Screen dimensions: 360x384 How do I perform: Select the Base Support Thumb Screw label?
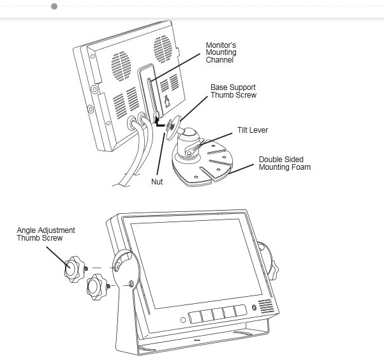[x=233, y=91]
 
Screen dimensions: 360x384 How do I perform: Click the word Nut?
[x=157, y=182]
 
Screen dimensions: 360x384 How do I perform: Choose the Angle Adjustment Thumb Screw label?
[x=46, y=234]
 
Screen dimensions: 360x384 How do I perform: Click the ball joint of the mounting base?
[x=189, y=135]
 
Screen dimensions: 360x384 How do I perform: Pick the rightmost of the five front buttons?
[x=240, y=310]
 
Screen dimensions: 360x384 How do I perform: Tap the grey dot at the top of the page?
[x=54, y=6]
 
